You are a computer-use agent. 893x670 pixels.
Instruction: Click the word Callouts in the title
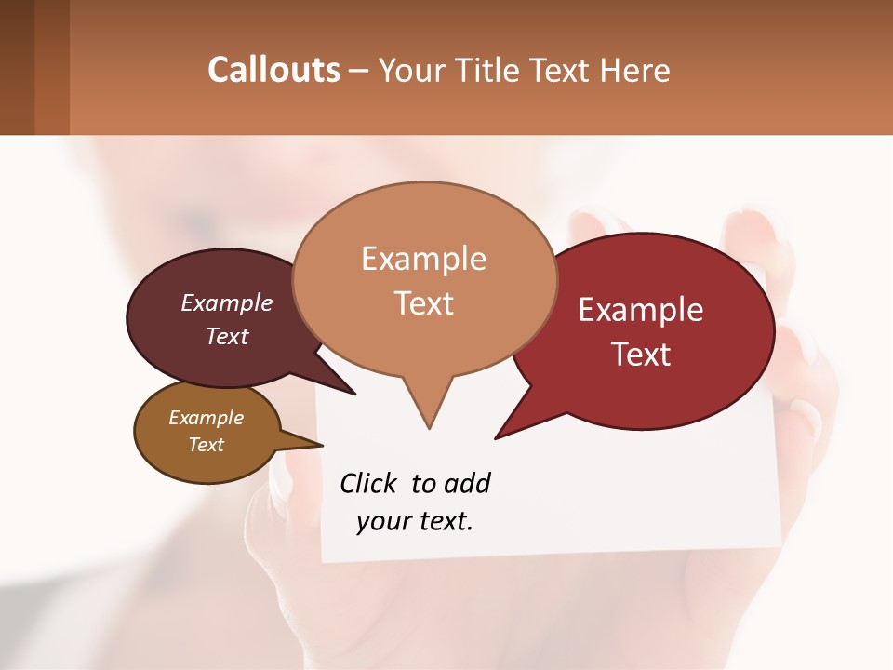[273, 70]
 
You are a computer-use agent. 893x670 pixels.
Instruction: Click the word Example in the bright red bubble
[641, 310]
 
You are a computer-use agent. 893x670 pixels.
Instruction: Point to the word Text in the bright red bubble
[641, 355]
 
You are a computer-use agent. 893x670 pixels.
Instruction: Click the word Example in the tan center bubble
[423, 259]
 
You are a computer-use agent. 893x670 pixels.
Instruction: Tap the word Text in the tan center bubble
[423, 303]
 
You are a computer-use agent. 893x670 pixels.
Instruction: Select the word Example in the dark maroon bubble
[227, 302]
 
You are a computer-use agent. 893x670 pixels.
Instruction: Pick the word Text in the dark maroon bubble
[227, 336]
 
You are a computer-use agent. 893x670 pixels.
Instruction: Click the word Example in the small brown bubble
[206, 418]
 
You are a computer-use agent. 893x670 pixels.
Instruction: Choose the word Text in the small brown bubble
[206, 445]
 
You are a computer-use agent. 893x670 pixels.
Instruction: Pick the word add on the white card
[467, 483]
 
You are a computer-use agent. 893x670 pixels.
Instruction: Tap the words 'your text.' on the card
[415, 521]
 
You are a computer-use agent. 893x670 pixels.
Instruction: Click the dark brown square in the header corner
[17, 67]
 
